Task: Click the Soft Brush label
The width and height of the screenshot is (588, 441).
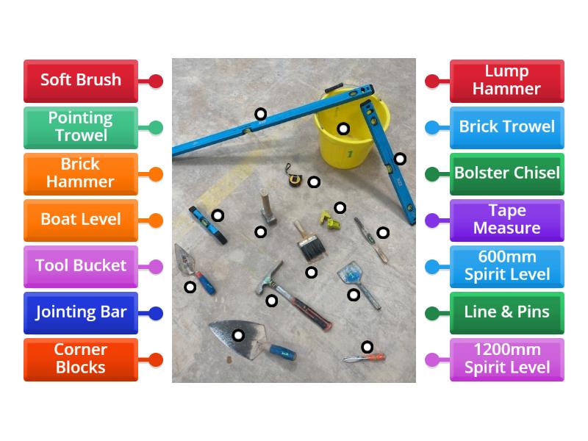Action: (81, 80)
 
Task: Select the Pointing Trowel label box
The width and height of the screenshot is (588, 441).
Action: (81, 127)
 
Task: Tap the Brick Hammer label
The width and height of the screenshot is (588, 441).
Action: (81, 173)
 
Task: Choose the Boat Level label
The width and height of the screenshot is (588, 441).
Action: (81, 220)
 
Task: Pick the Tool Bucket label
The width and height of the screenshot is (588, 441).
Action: (81, 266)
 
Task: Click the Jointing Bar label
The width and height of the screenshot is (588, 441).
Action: (81, 312)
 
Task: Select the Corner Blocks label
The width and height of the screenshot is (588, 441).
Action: (81, 359)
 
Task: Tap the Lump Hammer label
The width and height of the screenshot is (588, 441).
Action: (507, 80)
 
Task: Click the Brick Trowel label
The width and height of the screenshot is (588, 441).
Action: (507, 127)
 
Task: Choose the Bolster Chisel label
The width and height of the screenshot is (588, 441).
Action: (507, 173)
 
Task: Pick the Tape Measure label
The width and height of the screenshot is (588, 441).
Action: (507, 220)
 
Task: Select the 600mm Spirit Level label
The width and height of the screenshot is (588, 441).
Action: (507, 266)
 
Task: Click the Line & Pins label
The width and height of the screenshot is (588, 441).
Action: (507, 312)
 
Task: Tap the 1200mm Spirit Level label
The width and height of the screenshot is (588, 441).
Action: (507, 359)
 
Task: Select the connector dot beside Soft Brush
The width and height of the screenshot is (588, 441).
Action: (155, 81)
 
